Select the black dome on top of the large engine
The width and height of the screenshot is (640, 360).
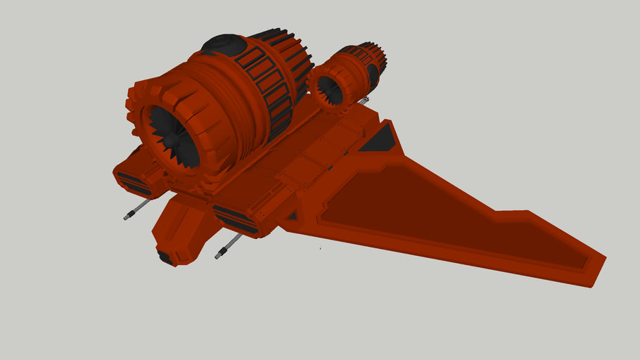pos(224,44)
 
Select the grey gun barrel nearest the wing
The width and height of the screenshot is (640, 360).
pos(229,245)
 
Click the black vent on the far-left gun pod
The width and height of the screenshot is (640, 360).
pos(133,184)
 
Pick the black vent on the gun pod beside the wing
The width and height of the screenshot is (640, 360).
pos(236,219)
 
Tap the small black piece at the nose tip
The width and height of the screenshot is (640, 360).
pos(165,258)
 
